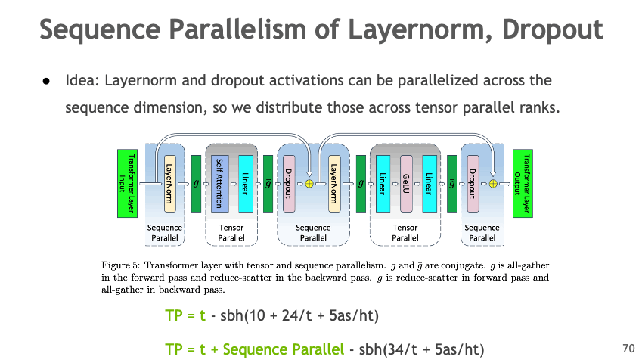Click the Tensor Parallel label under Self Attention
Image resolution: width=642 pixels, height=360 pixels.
point(231,232)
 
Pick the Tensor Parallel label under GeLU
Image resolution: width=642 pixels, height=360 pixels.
point(405,232)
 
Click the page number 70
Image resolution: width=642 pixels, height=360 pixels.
point(627,349)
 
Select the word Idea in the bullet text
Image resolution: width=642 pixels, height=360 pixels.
point(80,80)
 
